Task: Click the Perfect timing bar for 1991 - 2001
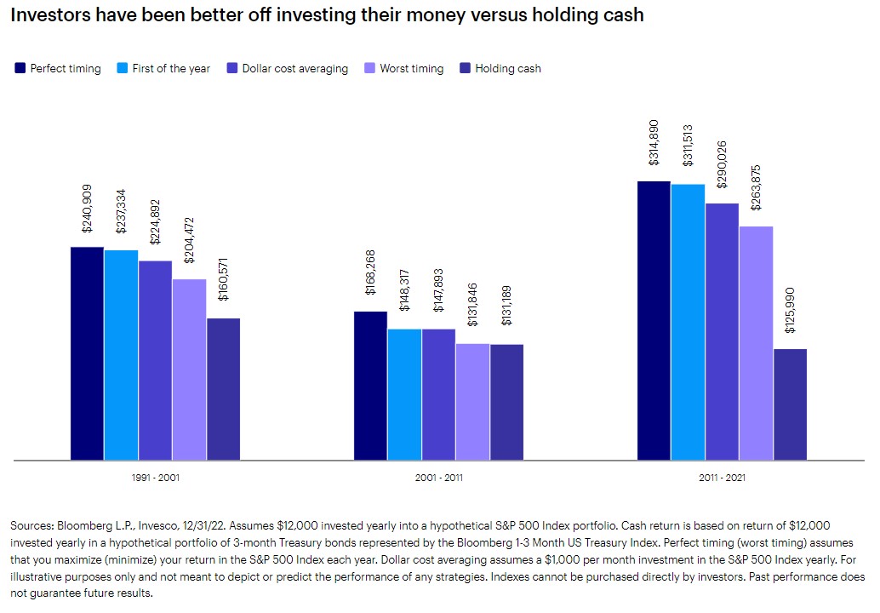pos(87,353)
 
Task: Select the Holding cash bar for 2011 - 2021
pos(790,404)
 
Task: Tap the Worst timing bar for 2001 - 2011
pos(472,402)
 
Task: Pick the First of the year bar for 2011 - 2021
pos(688,322)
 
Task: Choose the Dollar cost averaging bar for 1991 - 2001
pos(155,360)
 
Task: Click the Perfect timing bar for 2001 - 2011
pos(370,386)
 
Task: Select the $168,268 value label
pos(370,272)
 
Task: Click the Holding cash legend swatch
pos(464,68)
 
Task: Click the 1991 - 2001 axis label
pos(155,478)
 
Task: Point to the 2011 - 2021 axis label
pos(722,478)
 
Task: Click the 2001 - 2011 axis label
pos(438,478)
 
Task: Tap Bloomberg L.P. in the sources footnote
pos(88,526)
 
